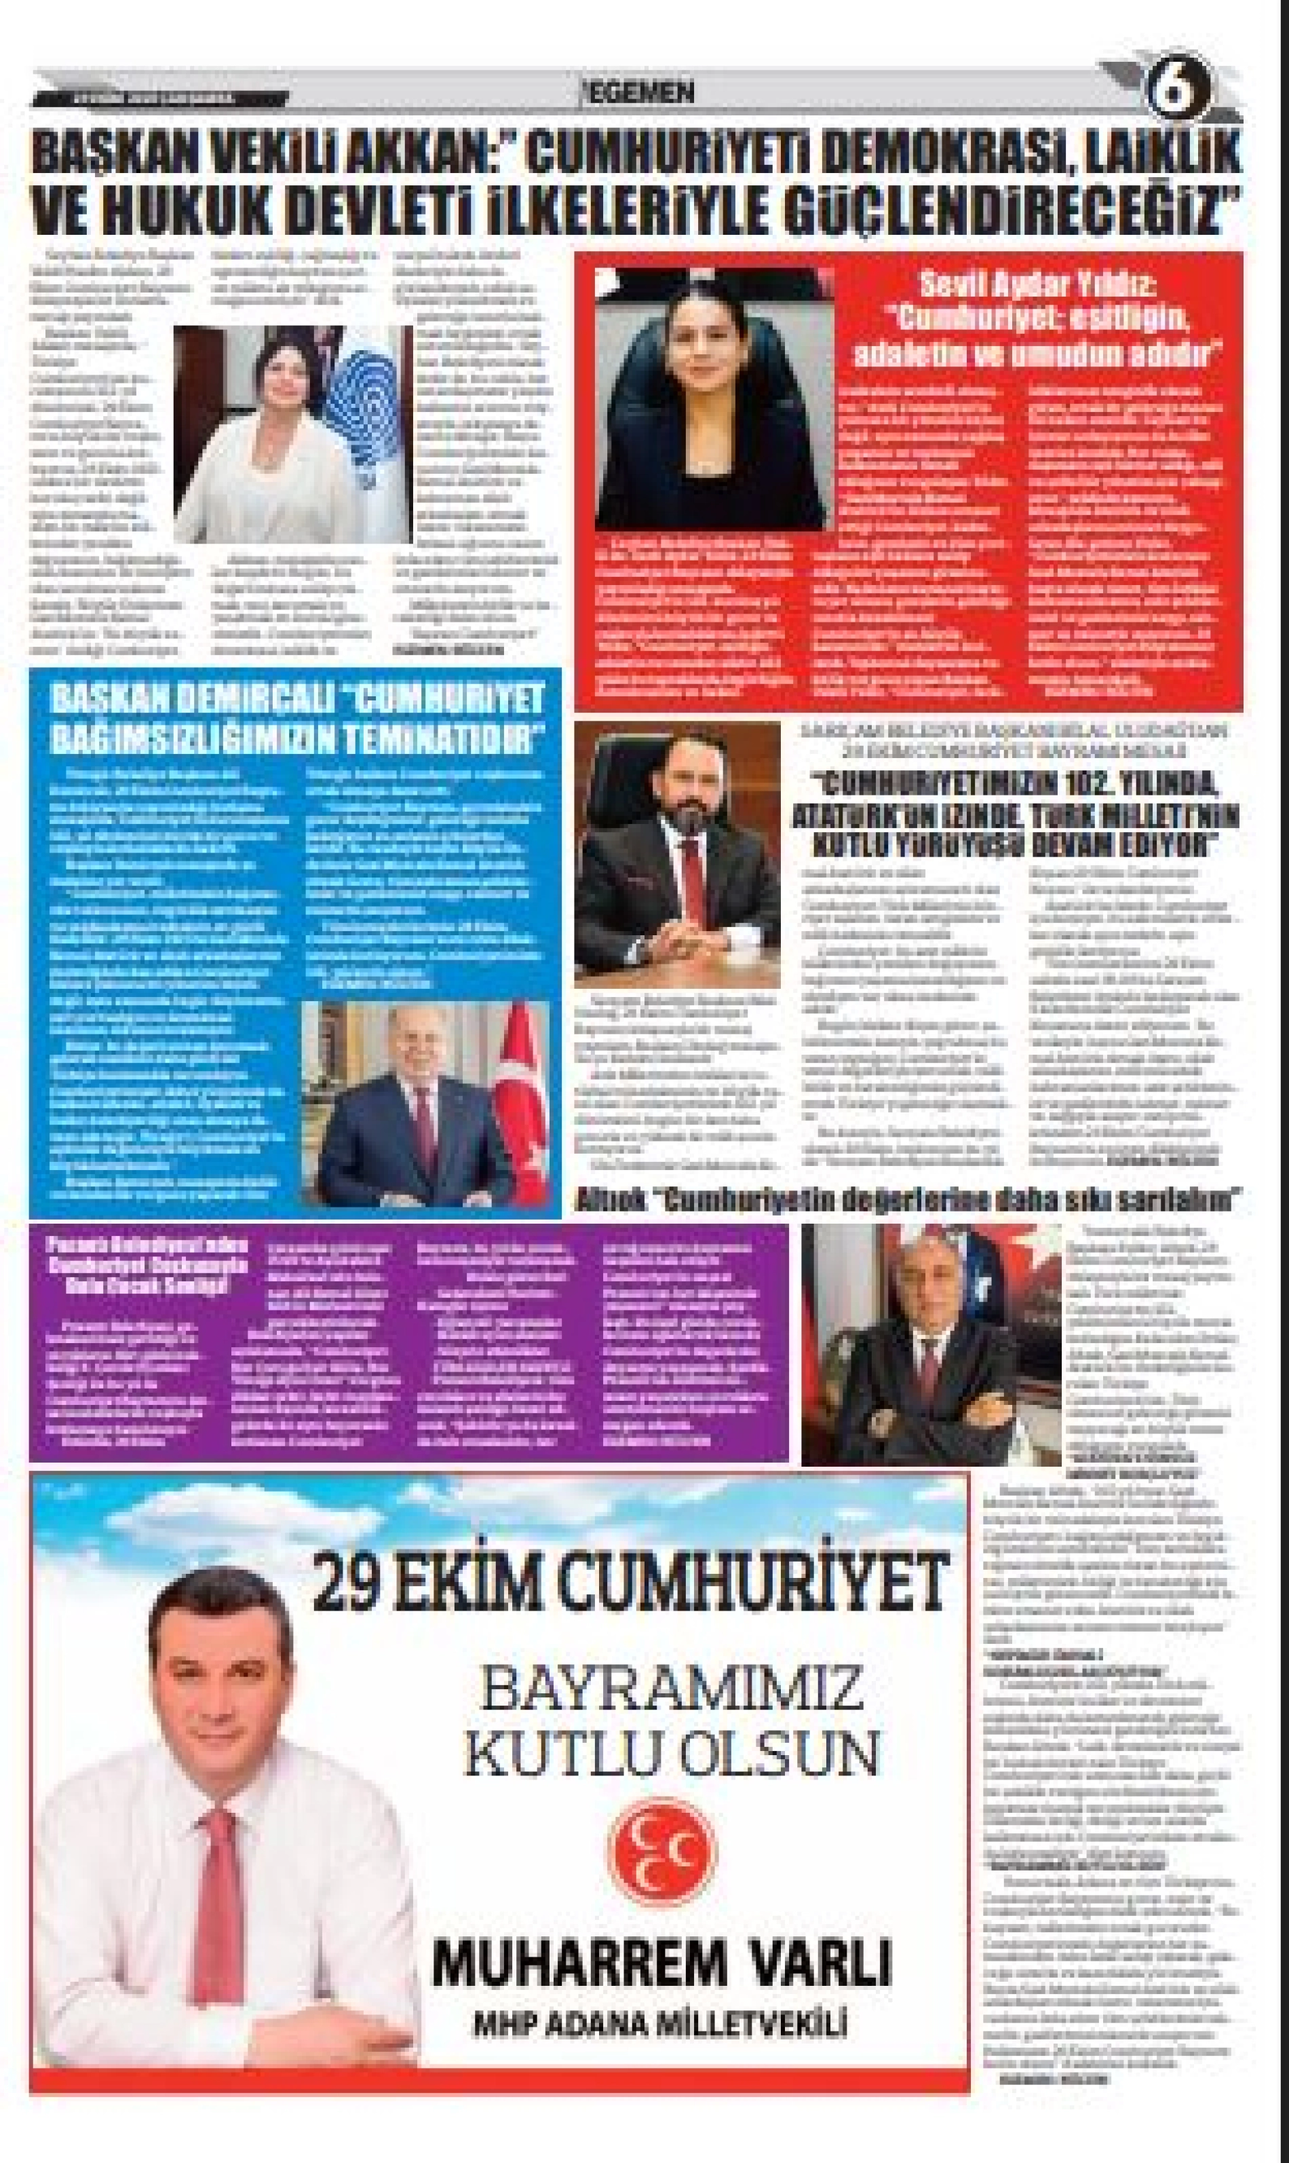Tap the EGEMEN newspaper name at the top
click(x=641, y=93)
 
